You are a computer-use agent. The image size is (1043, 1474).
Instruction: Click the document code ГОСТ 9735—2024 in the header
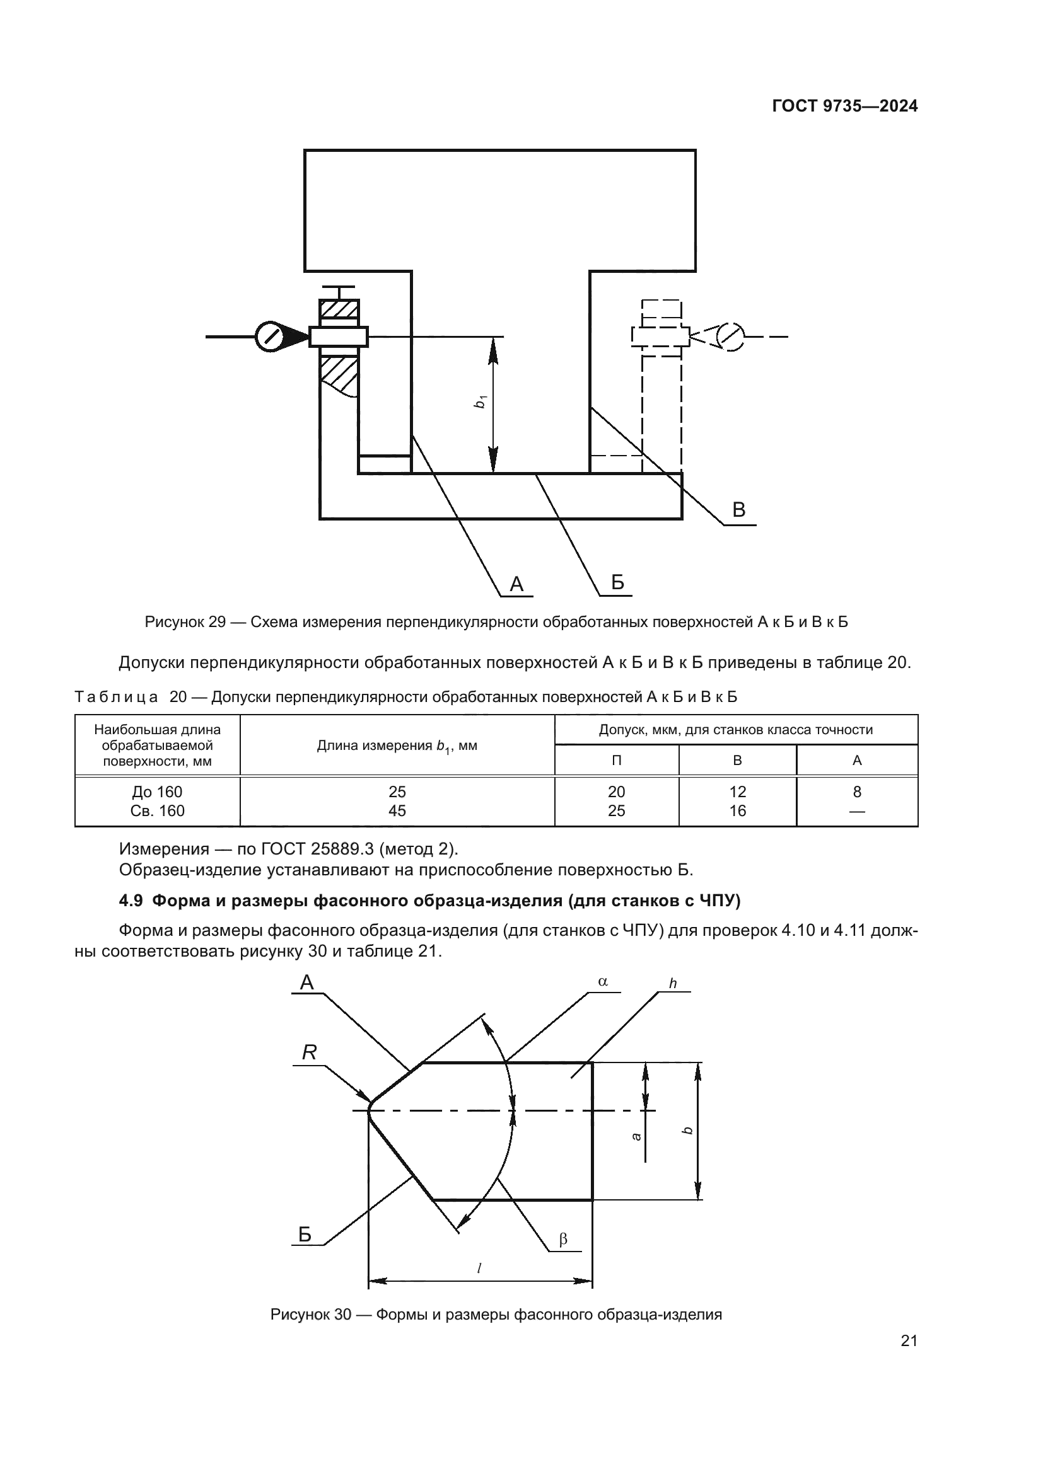[x=844, y=106]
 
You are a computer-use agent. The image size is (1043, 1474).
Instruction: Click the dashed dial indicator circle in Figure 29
[x=730, y=337]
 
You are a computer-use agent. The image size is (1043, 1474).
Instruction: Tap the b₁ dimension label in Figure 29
[x=479, y=403]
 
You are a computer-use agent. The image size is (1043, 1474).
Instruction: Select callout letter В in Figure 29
[x=738, y=510]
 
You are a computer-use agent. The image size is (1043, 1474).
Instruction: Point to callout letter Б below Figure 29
[x=617, y=582]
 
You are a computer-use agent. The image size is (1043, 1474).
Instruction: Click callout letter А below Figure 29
[x=516, y=584]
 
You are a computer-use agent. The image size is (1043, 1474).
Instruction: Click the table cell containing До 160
[x=158, y=792]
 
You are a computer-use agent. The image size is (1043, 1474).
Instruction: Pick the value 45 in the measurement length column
[x=397, y=811]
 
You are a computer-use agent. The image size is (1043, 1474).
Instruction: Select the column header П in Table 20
[x=616, y=760]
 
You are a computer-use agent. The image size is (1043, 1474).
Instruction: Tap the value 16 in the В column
[x=737, y=811]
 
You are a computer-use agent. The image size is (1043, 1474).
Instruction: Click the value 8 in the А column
[x=857, y=792]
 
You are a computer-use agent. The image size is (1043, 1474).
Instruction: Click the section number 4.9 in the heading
[x=131, y=901]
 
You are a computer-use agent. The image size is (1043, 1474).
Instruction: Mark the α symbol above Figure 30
[x=602, y=982]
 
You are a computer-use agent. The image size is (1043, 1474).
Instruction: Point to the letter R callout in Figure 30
[x=309, y=1052]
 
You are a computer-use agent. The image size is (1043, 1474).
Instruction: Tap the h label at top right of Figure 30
[x=673, y=984]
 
